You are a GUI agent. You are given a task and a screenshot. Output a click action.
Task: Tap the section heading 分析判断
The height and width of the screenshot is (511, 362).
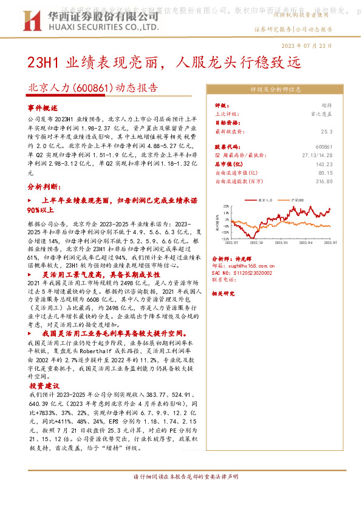[x=43, y=186]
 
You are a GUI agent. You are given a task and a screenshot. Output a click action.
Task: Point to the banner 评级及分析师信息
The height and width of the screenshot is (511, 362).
[x=276, y=89]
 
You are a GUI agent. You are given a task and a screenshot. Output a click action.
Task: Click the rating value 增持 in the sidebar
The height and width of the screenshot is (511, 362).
[x=327, y=105]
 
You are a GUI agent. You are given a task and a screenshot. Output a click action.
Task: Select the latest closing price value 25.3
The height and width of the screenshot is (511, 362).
[x=327, y=131]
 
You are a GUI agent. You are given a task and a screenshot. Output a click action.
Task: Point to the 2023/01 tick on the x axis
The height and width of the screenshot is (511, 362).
[x=281, y=242]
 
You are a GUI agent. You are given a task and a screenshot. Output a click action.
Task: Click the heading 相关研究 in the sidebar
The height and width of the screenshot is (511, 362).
[x=226, y=293]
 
